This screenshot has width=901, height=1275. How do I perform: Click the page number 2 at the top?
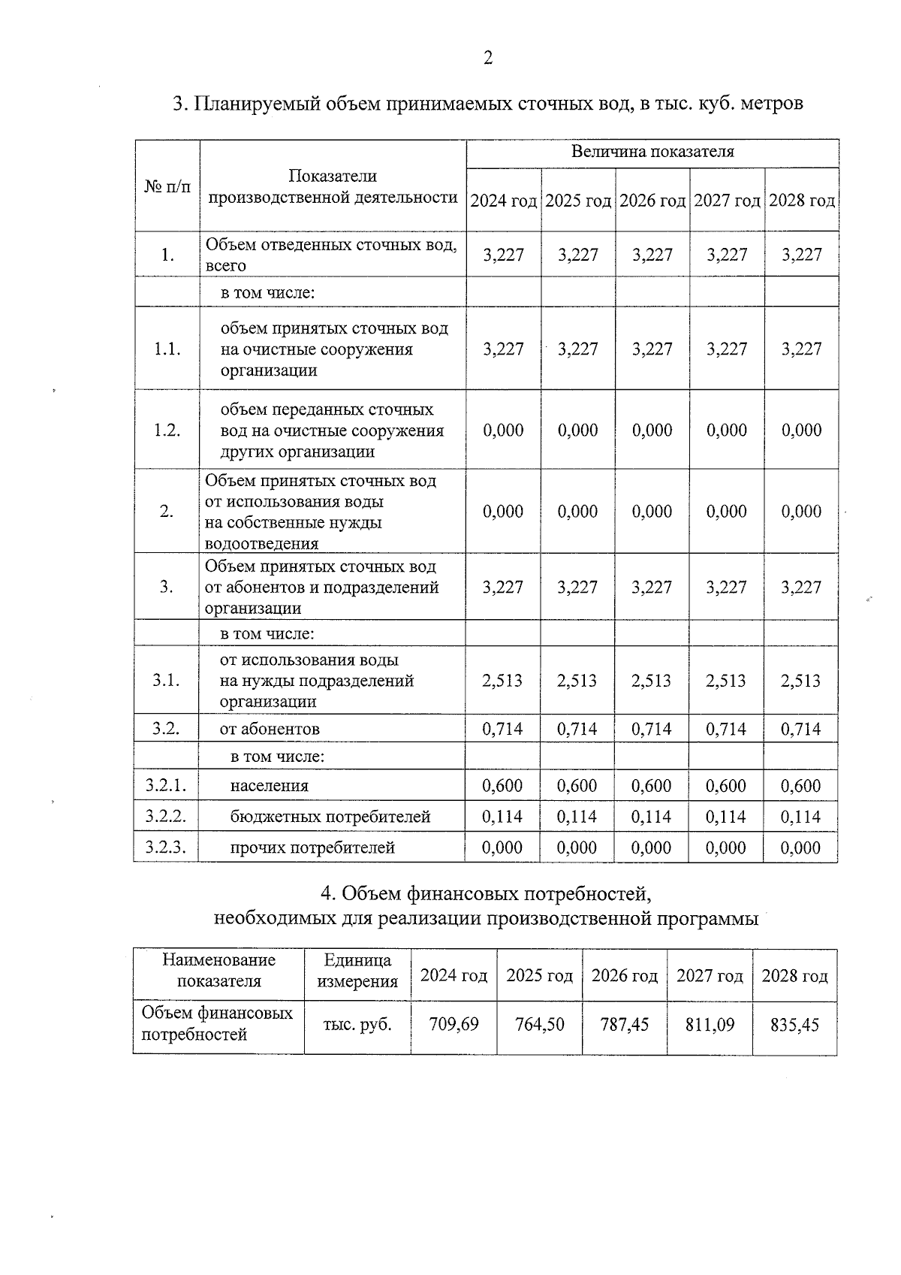487,58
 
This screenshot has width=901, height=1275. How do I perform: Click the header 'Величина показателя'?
652,152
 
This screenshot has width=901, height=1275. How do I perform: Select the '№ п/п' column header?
167,186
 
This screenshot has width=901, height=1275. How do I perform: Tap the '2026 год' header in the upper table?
652,201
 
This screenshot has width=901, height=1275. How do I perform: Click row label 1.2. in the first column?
167,430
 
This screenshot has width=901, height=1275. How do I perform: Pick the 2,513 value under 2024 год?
502,681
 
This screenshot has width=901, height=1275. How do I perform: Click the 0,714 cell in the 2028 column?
800,729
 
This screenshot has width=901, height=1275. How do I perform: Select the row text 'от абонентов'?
270,729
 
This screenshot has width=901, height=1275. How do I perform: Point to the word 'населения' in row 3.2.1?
269,786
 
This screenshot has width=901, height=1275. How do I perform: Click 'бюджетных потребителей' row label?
330,817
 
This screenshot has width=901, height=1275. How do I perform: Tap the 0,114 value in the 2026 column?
652,817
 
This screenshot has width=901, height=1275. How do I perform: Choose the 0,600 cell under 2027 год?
726,786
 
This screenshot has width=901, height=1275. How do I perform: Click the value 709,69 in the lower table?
454,1024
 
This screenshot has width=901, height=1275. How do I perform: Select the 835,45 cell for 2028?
794,1024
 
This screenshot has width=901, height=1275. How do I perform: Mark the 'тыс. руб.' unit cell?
357,1024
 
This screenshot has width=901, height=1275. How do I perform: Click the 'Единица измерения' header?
357,971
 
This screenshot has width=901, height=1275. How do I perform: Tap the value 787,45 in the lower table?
625,1024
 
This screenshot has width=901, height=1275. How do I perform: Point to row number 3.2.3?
166,847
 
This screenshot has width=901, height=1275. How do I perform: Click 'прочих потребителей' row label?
312,847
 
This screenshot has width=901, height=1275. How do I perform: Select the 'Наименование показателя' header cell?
218,971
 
